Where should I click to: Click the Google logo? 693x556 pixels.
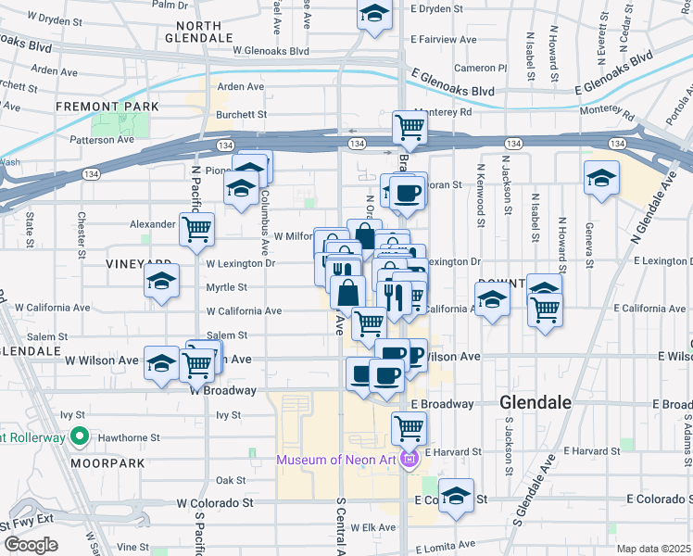tap(30, 545)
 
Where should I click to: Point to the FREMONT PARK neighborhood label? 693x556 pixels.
tap(107, 107)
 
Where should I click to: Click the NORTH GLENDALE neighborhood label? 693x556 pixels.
tap(197, 32)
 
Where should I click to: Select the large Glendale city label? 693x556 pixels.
tap(535, 403)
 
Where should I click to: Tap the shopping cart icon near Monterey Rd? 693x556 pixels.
tap(409, 126)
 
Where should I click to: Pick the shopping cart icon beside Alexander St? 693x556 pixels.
tap(196, 228)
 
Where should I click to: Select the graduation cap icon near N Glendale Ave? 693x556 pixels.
tap(601, 177)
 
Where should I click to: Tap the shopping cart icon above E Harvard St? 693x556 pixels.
tap(409, 427)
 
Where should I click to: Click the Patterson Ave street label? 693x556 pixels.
tap(103, 140)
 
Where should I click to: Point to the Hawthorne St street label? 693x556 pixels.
tap(128, 437)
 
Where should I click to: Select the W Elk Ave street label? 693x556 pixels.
tap(356, 527)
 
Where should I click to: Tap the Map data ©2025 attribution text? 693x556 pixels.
tap(654, 549)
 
